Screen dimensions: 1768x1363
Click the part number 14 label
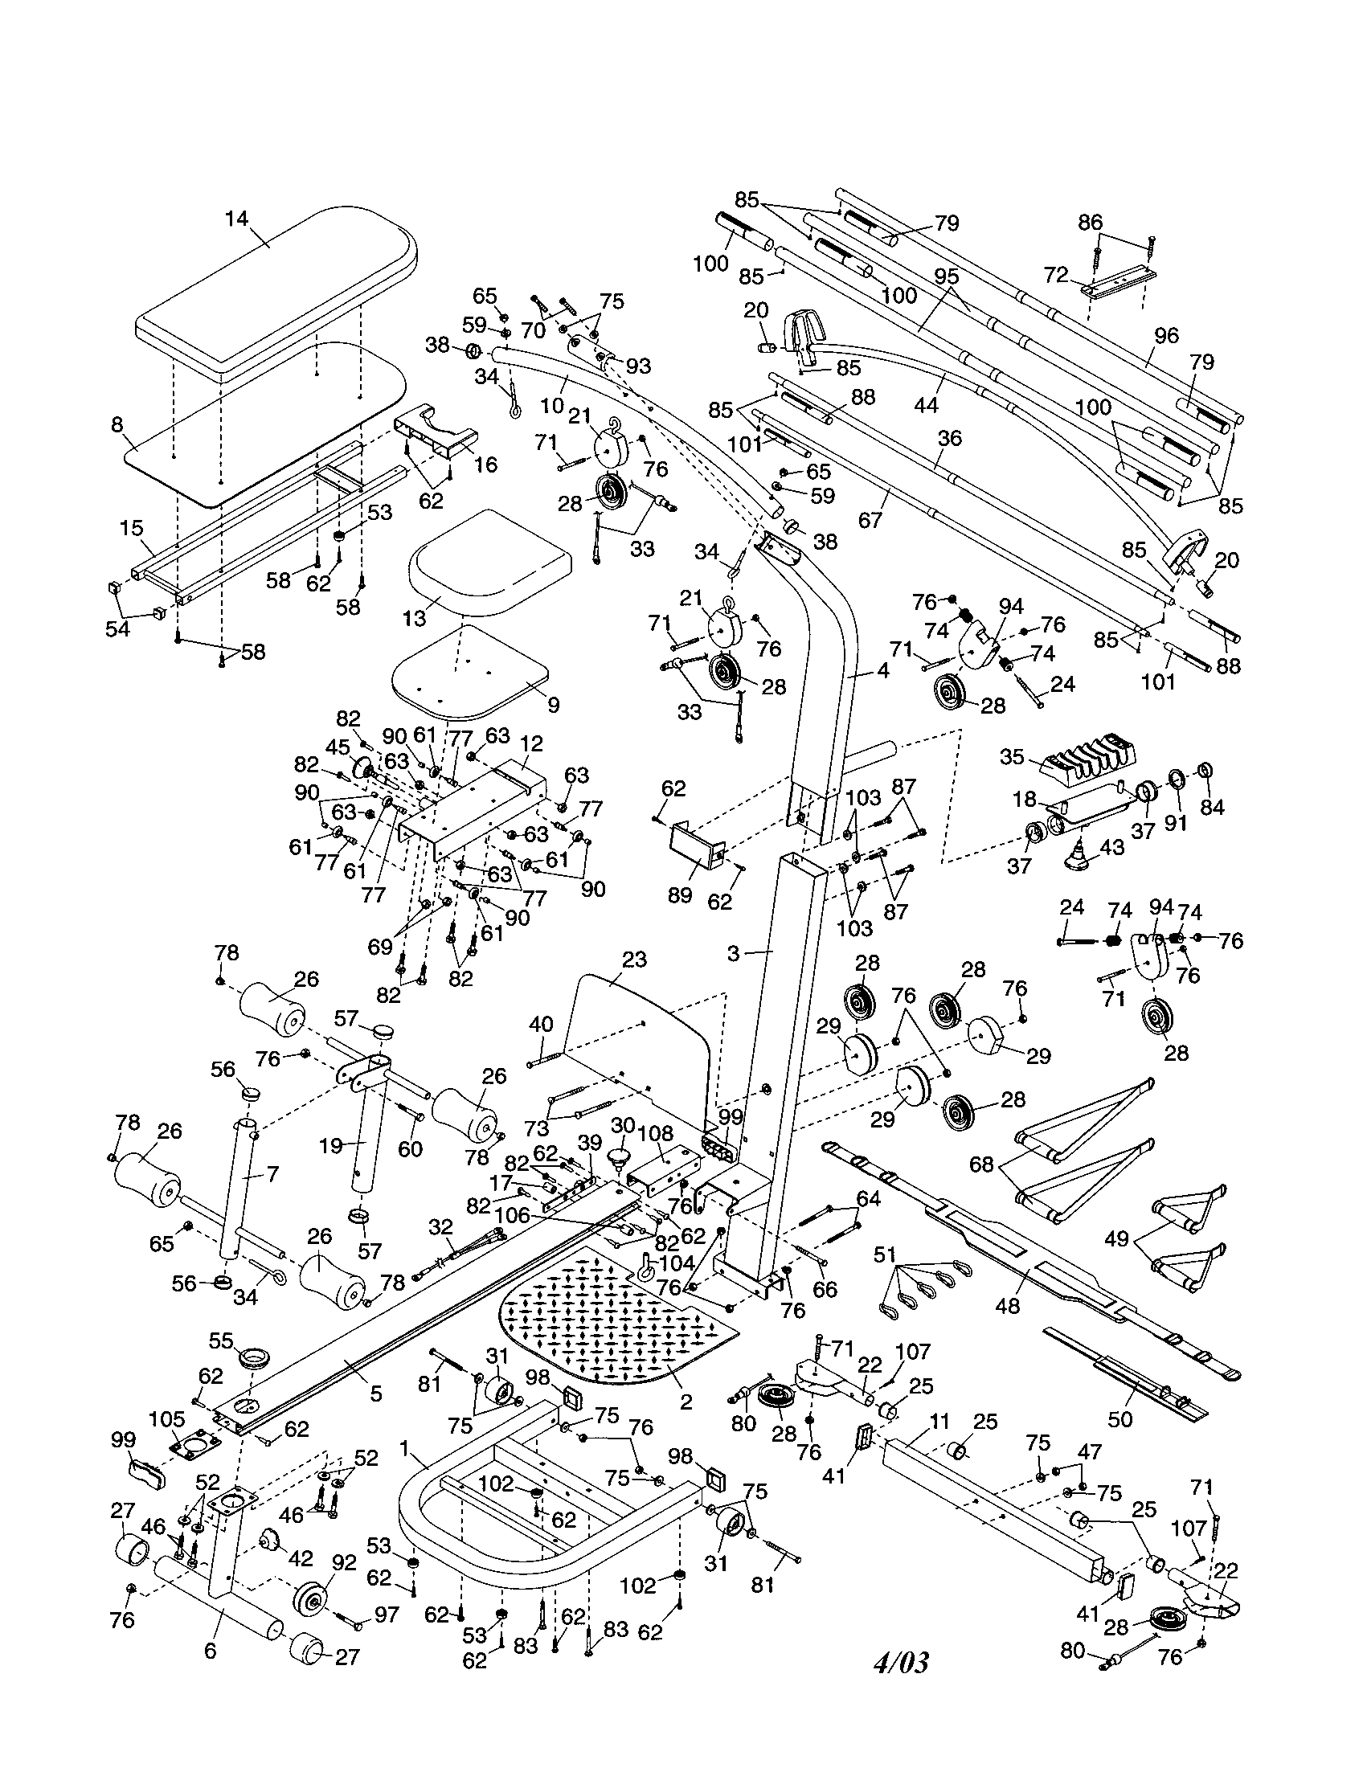pyautogui.click(x=236, y=219)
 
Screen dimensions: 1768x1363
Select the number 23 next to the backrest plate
pyautogui.click(x=635, y=960)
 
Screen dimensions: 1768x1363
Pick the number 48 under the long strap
pyautogui.click(x=1008, y=1305)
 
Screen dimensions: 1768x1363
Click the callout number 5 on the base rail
pyautogui.click(x=375, y=1394)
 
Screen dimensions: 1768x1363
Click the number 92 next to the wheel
pyautogui.click(x=344, y=1562)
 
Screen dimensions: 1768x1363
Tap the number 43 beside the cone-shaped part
pyautogui.click(x=1113, y=847)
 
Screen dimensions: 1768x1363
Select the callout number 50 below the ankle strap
pyautogui.click(x=1120, y=1419)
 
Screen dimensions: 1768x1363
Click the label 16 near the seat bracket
pyautogui.click(x=485, y=464)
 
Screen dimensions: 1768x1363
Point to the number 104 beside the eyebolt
pyautogui.click(x=678, y=1263)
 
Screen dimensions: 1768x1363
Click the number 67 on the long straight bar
pyautogui.click(x=870, y=518)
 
